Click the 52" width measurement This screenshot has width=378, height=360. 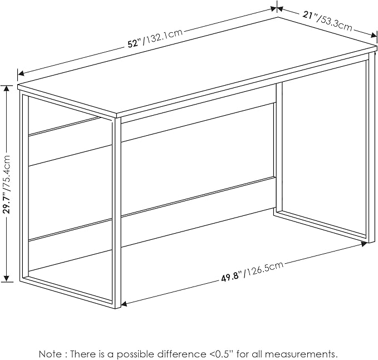tap(135, 43)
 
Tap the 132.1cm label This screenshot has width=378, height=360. tap(163, 37)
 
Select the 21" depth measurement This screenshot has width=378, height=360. tap(310, 16)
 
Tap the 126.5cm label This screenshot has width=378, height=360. tap(264, 269)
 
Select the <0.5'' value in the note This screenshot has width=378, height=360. tap(220, 354)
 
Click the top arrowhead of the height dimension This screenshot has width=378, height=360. tap(7, 88)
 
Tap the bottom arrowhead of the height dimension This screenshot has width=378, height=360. tap(7, 278)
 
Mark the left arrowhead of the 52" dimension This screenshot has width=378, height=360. tap(21, 73)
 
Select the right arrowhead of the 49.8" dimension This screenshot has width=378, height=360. tap(364, 244)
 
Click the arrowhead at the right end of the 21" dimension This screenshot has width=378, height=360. tap(374, 36)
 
